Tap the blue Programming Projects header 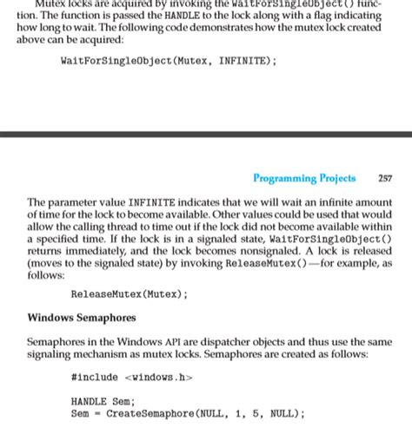304,179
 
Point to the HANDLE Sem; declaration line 103,402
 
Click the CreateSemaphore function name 148,414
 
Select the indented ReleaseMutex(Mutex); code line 129,293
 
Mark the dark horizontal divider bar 206,135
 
